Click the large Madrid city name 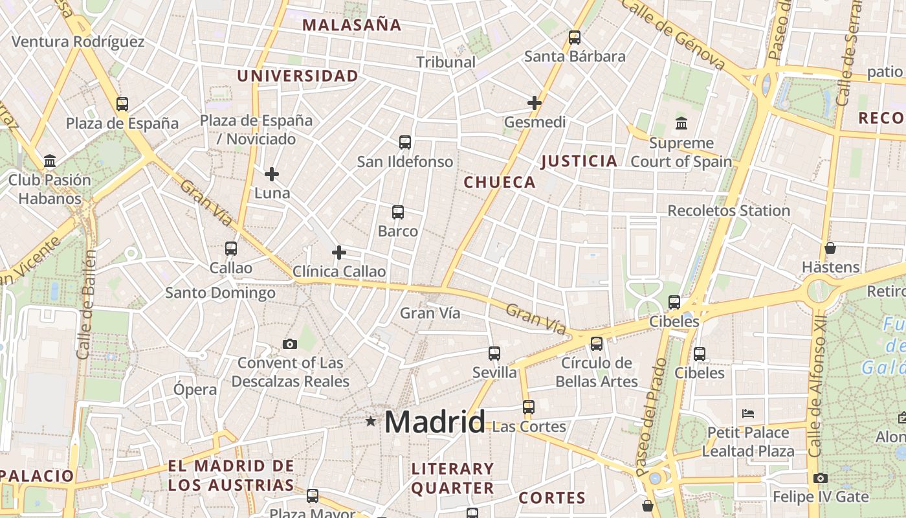434,422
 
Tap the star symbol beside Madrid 371,422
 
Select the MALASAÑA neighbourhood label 351,25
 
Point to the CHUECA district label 500,183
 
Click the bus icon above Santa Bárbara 575,38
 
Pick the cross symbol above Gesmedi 535,103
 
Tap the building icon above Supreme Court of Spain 681,123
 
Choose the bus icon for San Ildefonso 405,142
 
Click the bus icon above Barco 398,212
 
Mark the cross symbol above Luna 272,174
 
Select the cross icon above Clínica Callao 339,253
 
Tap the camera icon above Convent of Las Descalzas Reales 290,344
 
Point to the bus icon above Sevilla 494,354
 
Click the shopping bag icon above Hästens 830,248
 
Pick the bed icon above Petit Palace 748,413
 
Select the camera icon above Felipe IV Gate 821,478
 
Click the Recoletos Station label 729,211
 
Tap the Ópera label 195,390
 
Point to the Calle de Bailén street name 86,304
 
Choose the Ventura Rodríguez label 78,42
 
